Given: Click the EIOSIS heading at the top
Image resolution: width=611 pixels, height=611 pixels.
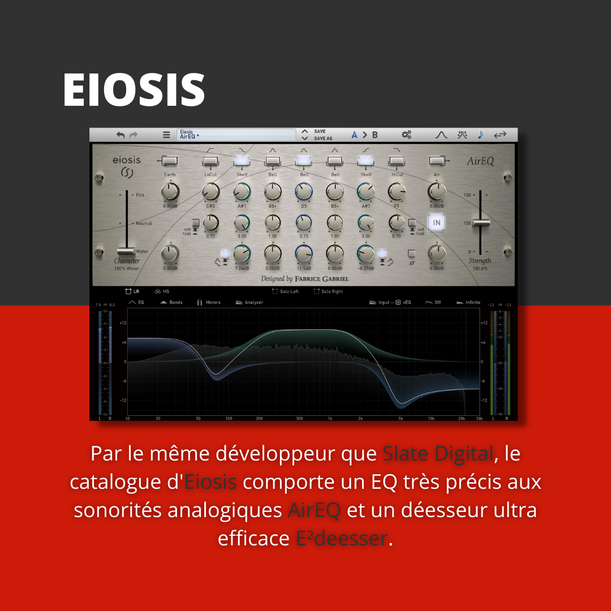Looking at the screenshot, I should click(x=134, y=89).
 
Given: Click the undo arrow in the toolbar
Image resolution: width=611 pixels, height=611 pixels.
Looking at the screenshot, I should click(x=121, y=135).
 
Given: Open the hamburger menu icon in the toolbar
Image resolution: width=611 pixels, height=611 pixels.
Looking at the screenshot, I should click(x=166, y=135).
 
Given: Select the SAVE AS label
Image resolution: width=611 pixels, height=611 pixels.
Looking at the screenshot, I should click(x=323, y=139).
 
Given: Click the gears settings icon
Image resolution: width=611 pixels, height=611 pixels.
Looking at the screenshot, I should click(x=406, y=135).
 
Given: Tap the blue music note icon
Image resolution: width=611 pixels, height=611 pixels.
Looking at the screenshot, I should click(x=480, y=135).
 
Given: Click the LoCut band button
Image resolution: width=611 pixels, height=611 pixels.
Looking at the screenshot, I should click(x=210, y=162).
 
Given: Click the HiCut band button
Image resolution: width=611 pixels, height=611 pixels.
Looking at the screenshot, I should click(x=397, y=162).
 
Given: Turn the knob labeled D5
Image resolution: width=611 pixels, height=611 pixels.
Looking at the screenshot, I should click(x=304, y=192).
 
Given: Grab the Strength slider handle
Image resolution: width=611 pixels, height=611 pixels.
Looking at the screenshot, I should click(x=481, y=223).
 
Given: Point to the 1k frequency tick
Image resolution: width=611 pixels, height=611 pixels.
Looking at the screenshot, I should click(x=329, y=419).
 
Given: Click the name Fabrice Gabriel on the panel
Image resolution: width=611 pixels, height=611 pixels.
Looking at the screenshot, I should click(x=321, y=279).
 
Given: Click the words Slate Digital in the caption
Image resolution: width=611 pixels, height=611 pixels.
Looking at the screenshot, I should click(x=438, y=454).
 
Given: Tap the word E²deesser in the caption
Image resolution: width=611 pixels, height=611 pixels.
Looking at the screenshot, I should click(x=342, y=539).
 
